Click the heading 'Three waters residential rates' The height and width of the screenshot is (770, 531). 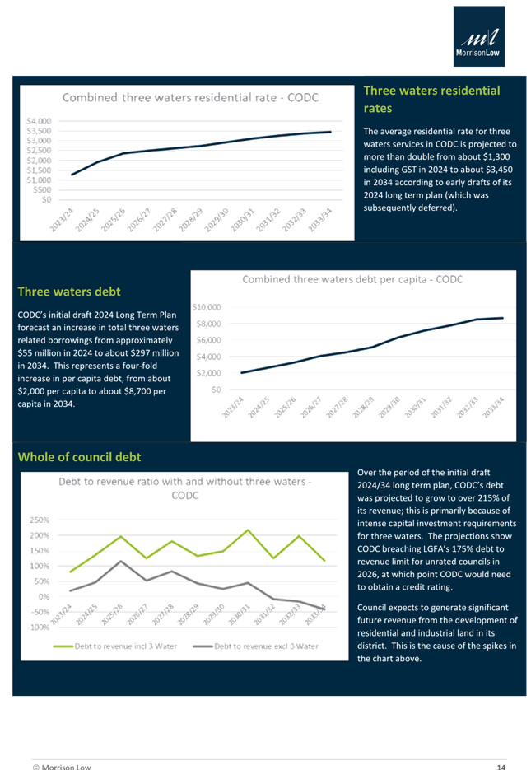431,99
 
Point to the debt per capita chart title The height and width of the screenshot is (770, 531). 352,280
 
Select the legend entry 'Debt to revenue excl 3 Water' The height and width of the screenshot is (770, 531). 265,646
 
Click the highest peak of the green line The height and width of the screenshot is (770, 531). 248,530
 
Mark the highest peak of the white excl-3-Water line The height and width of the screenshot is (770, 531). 122,561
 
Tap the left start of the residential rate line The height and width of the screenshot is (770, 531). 72,175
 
